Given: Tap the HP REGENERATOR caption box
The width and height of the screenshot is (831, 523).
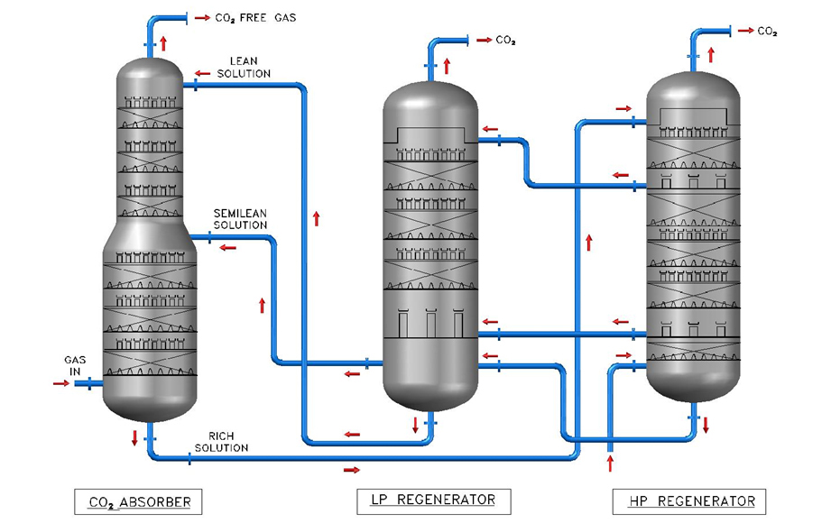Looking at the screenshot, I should [x=690, y=500].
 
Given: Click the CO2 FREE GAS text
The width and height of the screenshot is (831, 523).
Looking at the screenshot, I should [x=257, y=17].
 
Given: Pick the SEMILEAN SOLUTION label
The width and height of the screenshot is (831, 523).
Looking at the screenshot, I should [x=239, y=218].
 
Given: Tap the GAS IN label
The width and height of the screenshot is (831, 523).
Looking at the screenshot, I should [x=73, y=364].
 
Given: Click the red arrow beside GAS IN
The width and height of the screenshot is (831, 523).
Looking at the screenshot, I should [x=61, y=383].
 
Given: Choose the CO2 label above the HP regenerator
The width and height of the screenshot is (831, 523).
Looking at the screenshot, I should [x=767, y=31].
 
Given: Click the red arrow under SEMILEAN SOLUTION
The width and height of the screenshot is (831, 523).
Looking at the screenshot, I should [x=228, y=247].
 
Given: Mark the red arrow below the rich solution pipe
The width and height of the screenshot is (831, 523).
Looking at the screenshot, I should [x=351, y=470].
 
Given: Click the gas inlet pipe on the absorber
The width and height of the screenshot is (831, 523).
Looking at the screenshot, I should [x=88, y=384].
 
